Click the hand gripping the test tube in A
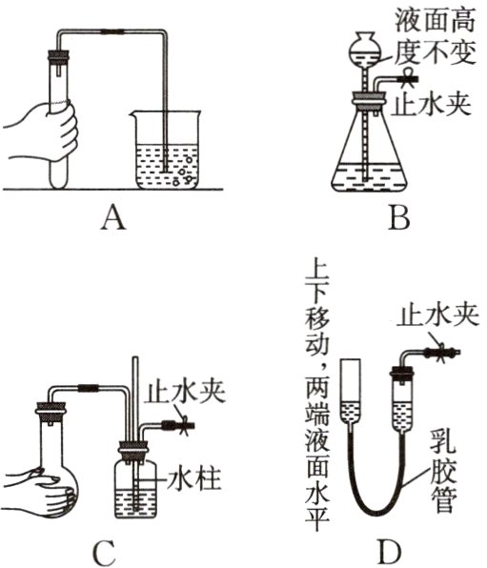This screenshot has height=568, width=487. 42,132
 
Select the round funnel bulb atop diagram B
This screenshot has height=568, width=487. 365,47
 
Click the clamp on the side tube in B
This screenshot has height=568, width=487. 410,78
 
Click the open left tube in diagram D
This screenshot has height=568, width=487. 350,392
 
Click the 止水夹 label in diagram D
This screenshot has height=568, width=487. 438,316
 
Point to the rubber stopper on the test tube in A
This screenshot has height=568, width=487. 58,57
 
